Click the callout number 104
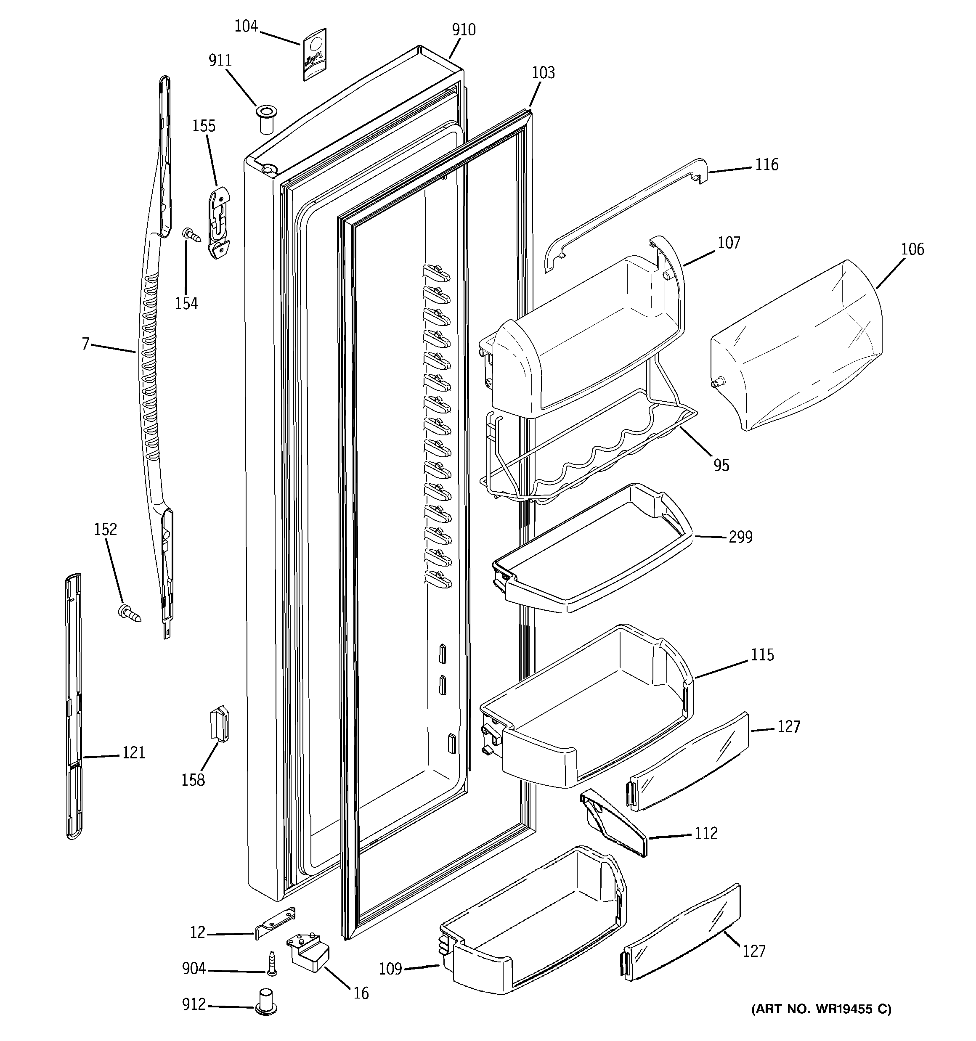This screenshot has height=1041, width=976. (x=246, y=26)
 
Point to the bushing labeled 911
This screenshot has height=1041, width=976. (x=265, y=119)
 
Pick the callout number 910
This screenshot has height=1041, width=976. (x=464, y=30)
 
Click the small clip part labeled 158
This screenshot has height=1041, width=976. (x=220, y=723)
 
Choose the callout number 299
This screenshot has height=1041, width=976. (x=740, y=537)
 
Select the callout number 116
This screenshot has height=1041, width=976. (x=766, y=164)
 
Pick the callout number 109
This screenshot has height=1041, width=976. (x=390, y=969)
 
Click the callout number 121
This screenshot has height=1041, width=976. (x=134, y=753)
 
